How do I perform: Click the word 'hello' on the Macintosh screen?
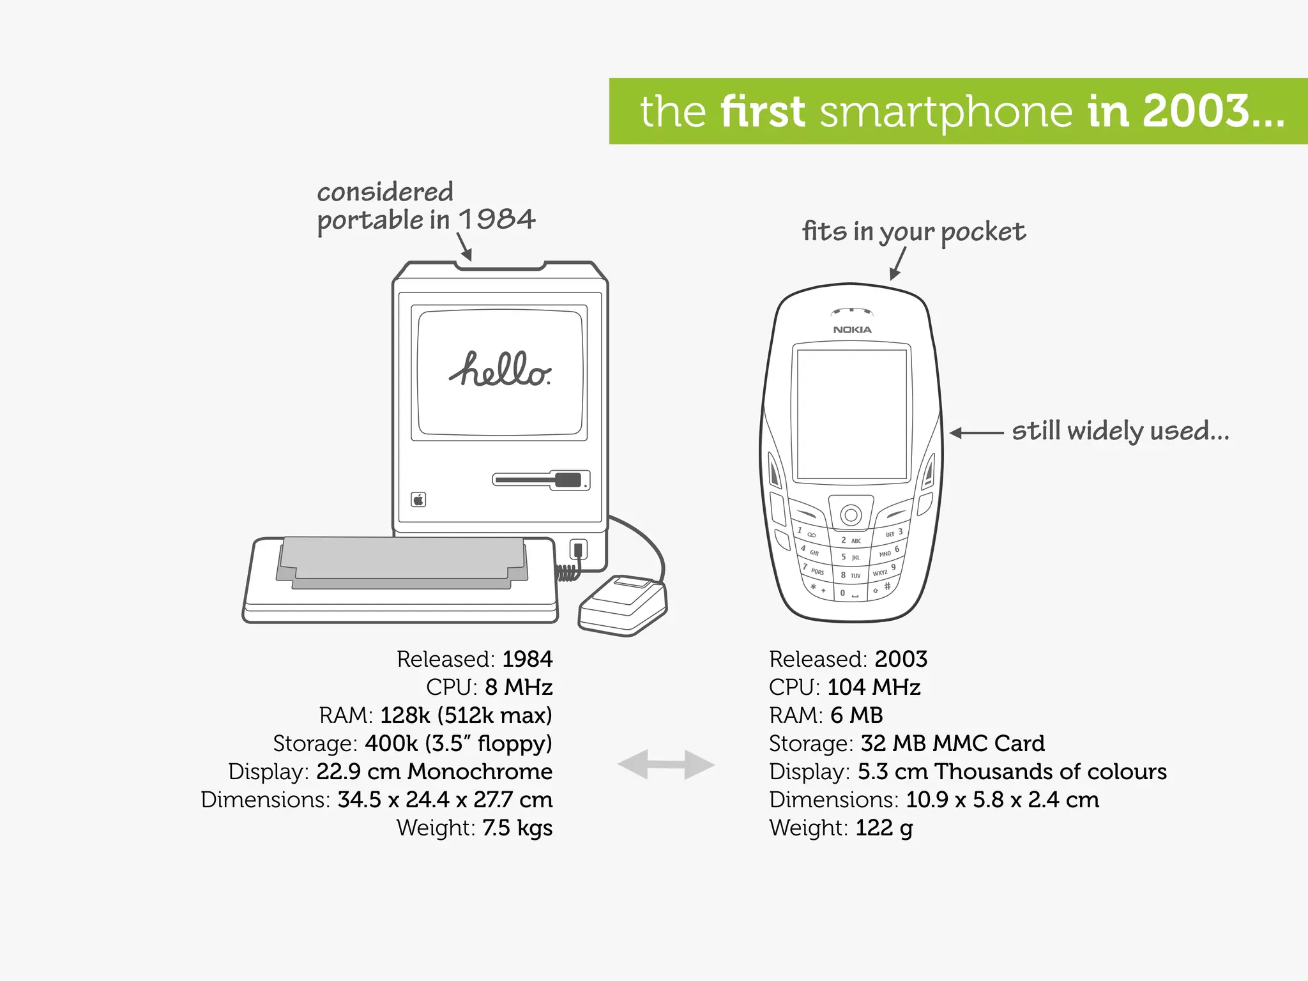(x=499, y=370)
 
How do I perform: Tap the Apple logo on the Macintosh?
(x=418, y=499)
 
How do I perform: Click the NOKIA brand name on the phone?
(x=852, y=330)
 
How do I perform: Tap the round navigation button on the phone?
(x=851, y=513)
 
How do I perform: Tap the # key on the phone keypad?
(x=887, y=586)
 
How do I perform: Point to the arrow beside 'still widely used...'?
(x=975, y=433)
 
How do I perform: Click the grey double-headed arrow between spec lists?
(x=665, y=764)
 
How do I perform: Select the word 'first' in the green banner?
(x=763, y=112)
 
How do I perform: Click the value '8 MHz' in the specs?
(x=519, y=687)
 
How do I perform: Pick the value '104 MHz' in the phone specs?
(x=874, y=687)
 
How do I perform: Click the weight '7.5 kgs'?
(x=517, y=828)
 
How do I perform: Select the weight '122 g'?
(x=884, y=828)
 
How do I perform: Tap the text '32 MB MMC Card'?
(x=952, y=743)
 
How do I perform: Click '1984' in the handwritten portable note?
(x=497, y=220)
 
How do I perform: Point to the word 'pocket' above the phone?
(x=983, y=232)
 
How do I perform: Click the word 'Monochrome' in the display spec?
(x=480, y=772)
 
